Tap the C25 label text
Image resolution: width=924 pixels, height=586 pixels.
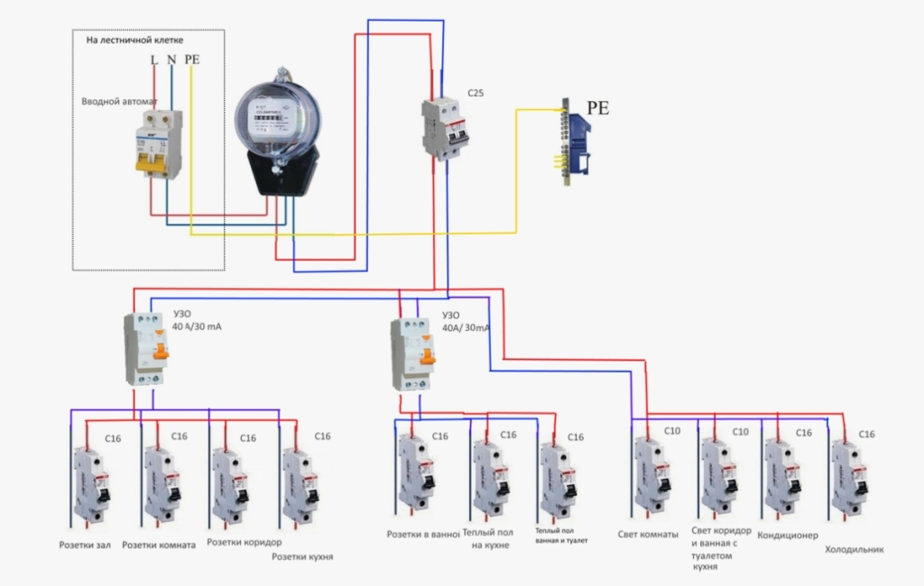tap(476, 92)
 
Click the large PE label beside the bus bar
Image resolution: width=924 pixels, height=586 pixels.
tap(598, 108)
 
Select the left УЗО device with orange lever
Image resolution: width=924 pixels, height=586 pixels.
tap(146, 349)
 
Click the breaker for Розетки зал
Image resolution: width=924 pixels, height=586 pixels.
tap(91, 482)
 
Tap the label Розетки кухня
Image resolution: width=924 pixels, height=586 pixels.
tap(303, 557)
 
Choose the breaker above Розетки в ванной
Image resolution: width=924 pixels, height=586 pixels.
tap(416, 478)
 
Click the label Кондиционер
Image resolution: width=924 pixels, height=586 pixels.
tap(788, 535)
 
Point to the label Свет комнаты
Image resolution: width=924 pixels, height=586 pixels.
tap(648, 534)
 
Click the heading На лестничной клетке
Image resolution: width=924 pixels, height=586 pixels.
tap(134, 41)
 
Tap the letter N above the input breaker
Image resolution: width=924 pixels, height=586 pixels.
tap(171, 60)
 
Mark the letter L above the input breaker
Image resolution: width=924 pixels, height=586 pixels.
tap(154, 60)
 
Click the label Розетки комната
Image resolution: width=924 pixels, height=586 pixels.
tap(158, 545)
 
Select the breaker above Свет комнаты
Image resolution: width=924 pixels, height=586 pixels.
tap(651, 476)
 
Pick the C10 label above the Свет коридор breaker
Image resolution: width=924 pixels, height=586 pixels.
tap(740, 432)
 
